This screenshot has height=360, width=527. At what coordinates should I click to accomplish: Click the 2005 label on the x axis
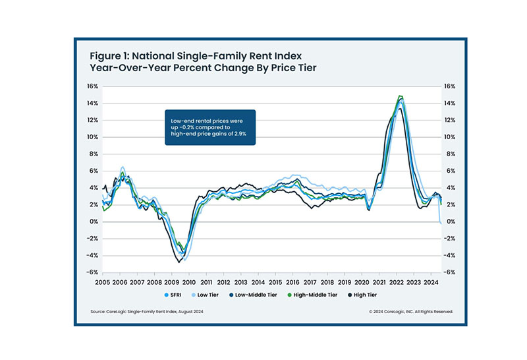[101, 282]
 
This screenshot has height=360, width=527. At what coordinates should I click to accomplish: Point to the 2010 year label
[187, 282]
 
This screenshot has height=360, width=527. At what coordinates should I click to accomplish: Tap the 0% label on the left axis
[93, 222]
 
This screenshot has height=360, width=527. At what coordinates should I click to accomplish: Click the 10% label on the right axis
[449, 137]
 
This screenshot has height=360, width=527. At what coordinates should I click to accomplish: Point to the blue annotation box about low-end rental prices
[209, 128]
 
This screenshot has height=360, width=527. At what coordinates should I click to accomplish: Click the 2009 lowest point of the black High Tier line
[178, 262]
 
